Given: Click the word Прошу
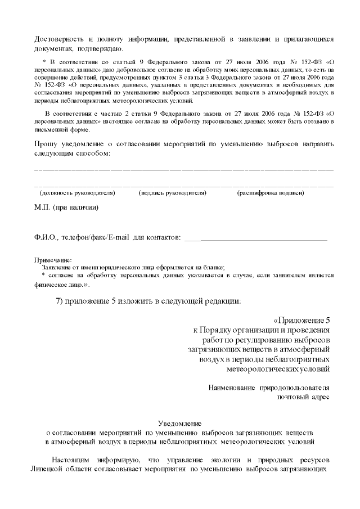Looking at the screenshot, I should click(46, 143).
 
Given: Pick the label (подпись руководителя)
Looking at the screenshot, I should click(173, 193).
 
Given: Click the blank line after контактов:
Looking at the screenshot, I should click(256, 240).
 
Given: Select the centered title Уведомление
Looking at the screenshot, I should click(180, 424).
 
